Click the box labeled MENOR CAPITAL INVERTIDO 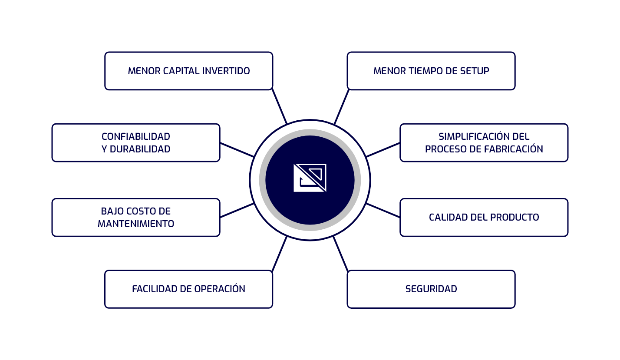(x=188, y=71)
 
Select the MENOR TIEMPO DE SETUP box (x=431, y=71)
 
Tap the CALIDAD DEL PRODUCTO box (x=484, y=217)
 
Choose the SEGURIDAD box (x=431, y=289)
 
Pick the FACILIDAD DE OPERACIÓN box (x=188, y=289)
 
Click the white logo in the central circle (x=310, y=178)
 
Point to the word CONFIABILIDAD (x=136, y=136)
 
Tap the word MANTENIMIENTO (x=136, y=224)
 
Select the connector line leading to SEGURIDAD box (x=340, y=254)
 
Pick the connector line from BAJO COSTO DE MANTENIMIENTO (x=237, y=210)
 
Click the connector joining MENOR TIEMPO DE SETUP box (x=341, y=106)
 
